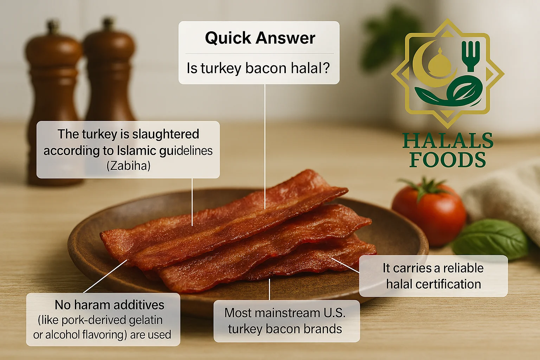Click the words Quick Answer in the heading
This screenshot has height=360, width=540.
260,38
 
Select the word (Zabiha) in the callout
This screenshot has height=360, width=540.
128,166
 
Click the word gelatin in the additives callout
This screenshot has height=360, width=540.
146,320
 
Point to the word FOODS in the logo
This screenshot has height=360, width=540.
448,160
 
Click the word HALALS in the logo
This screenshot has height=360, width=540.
448,141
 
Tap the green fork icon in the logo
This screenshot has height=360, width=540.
470,54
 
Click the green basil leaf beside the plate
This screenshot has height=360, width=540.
490,239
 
